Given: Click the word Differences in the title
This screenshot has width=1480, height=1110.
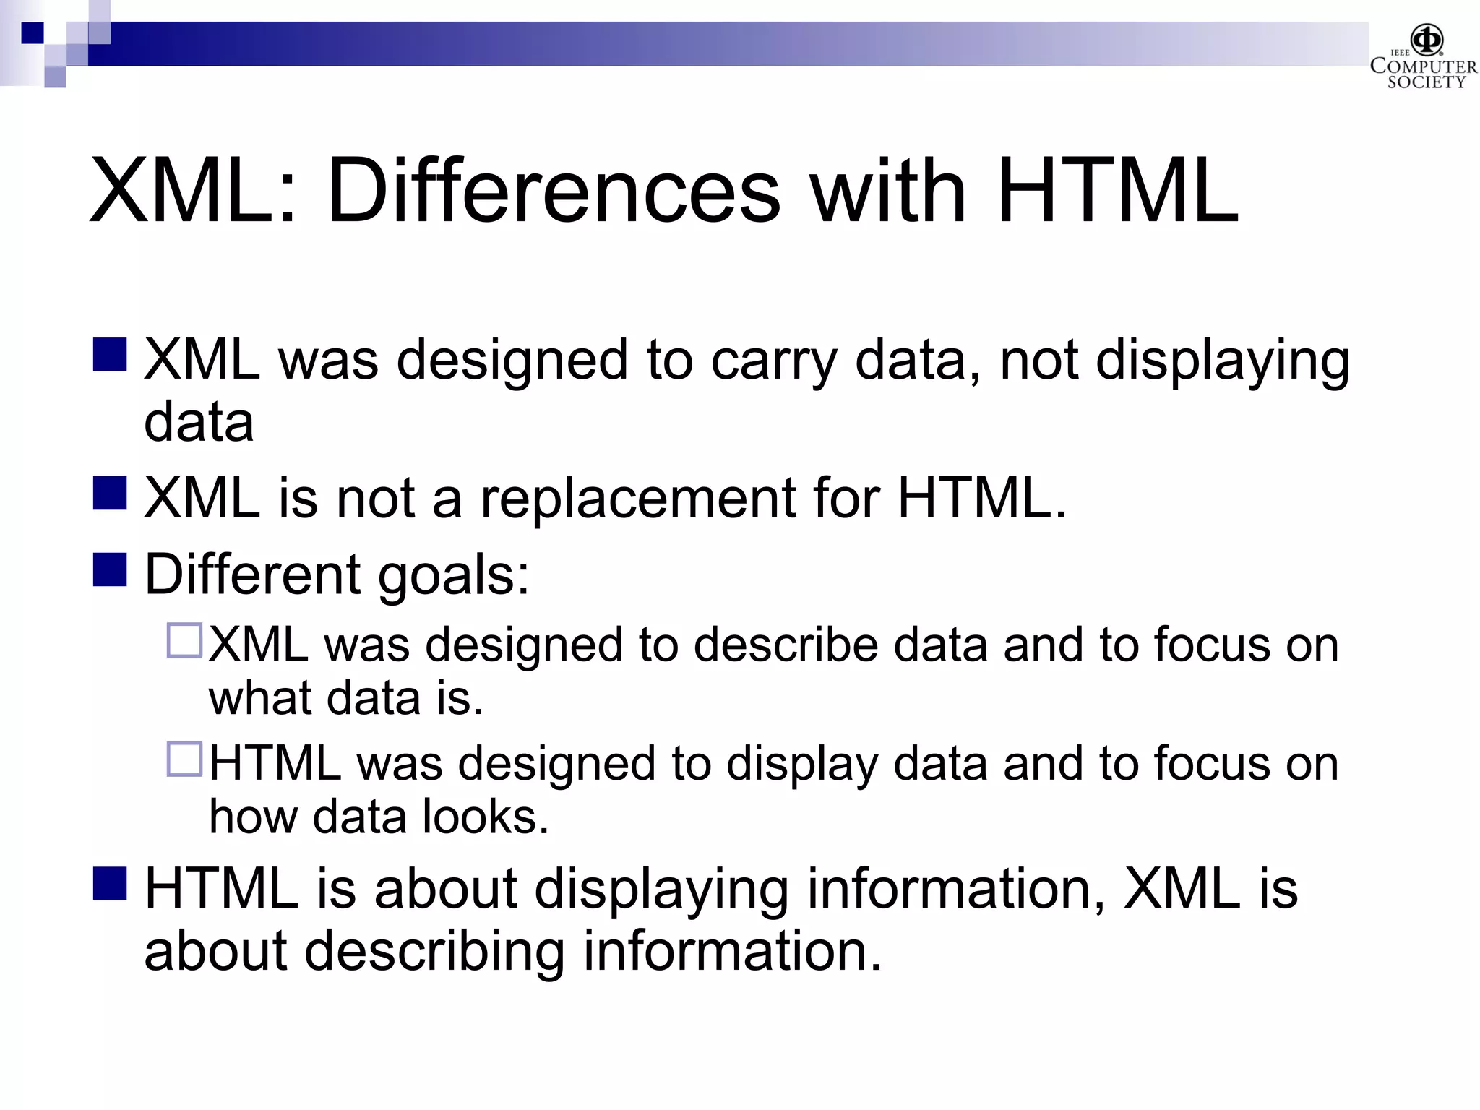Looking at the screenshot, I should pyautogui.click(x=554, y=192).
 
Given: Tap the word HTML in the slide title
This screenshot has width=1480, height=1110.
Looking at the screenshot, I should pyautogui.click(x=1117, y=192).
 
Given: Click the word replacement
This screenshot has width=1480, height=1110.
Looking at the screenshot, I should pyautogui.click(x=637, y=499).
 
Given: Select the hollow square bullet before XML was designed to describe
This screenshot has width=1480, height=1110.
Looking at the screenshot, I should pyautogui.click(x=184, y=640).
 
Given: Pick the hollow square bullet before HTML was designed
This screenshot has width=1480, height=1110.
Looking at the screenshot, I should pyautogui.click(x=184, y=759).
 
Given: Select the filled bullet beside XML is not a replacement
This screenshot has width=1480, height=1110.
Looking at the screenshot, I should pyautogui.click(x=110, y=493).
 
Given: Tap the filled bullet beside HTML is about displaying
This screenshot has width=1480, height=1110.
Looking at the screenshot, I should pyautogui.click(x=110, y=883).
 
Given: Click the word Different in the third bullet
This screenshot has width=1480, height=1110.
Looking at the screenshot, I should pyautogui.click(x=252, y=575).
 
